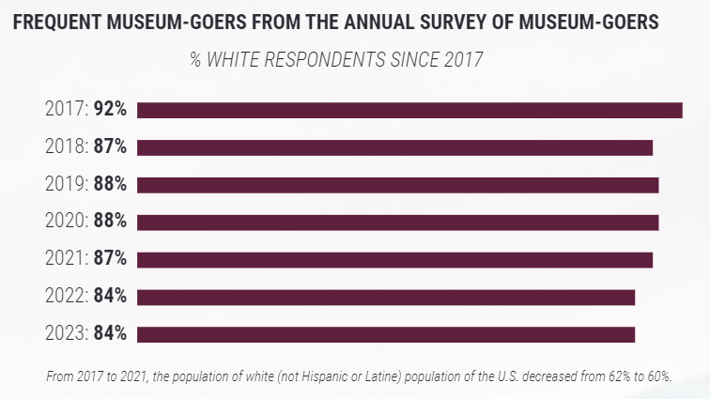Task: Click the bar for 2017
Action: click(409, 110)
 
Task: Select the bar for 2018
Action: click(394, 147)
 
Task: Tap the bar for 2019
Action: click(398, 185)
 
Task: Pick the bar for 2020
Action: click(398, 223)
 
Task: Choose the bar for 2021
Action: click(394, 260)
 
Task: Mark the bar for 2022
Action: click(386, 298)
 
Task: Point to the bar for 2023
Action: click(386, 334)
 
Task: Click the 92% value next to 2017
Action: click(110, 110)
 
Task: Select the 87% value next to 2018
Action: click(110, 147)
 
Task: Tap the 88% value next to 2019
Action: click(110, 185)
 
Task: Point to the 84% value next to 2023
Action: click(110, 334)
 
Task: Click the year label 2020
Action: click(66, 223)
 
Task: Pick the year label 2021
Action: click(66, 260)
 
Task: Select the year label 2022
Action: click(66, 298)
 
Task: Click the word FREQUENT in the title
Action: click(59, 22)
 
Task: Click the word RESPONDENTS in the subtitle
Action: click(316, 60)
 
